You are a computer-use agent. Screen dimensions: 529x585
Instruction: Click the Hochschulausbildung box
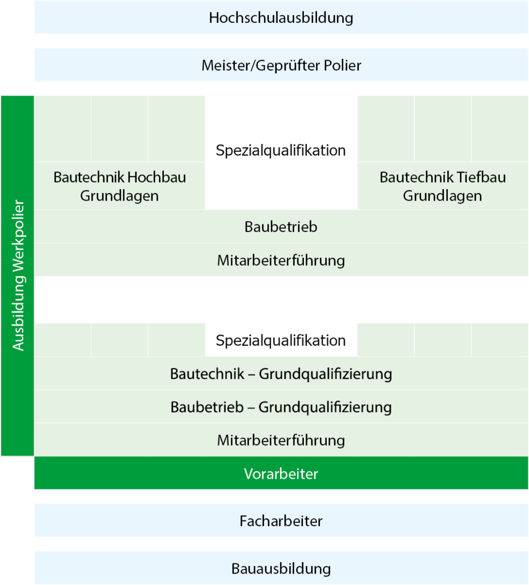point(281,17)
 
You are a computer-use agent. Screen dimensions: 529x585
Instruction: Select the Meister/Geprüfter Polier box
point(281,65)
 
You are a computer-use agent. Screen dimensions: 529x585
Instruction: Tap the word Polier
point(342,65)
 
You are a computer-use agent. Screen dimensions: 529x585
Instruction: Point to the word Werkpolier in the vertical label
point(18,237)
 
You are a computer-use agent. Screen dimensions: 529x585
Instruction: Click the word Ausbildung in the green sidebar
point(18,314)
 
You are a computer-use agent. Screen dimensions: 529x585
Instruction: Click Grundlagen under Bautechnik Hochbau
point(119,196)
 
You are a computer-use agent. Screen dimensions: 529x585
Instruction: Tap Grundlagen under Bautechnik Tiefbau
point(442,196)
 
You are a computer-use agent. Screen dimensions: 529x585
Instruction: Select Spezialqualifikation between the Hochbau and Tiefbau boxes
point(281,150)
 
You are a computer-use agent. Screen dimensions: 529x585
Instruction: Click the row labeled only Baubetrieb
point(281,226)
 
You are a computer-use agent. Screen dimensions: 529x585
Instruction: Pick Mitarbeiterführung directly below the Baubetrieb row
point(281,260)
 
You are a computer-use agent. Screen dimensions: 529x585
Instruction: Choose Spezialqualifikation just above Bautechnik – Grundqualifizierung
point(281,340)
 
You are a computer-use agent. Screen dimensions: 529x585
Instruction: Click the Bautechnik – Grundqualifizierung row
point(281,374)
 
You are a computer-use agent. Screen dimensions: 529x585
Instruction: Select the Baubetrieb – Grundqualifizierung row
point(281,407)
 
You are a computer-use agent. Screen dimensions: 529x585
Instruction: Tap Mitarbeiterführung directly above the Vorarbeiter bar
point(281,440)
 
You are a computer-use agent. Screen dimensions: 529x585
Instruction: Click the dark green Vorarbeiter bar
point(281,473)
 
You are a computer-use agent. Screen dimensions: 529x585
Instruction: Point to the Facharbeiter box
point(281,521)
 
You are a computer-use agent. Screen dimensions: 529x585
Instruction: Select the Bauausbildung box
point(281,568)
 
